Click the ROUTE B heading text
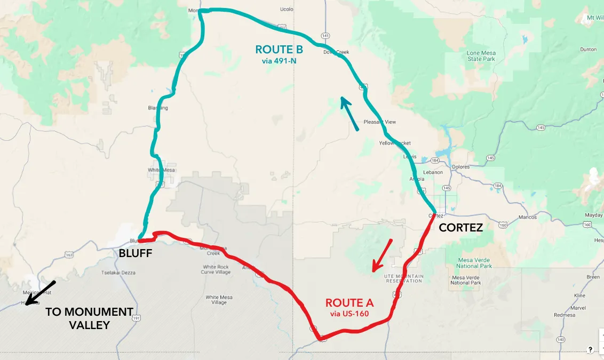coord(279,50)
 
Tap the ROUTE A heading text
coord(349,303)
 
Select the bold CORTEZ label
coord(460,228)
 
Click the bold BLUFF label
coord(135,253)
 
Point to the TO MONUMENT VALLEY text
coord(89,318)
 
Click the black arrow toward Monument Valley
coord(39,293)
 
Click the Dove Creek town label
coord(336,52)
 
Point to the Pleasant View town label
coord(380,122)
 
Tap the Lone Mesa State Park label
coord(481,56)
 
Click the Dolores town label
coord(460,167)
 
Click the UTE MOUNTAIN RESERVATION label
coord(404,278)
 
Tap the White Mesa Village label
coord(219,300)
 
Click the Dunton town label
coord(589,50)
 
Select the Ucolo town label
coord(287,9)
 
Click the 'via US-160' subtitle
coord(349,314)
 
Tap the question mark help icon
coord(590,350)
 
